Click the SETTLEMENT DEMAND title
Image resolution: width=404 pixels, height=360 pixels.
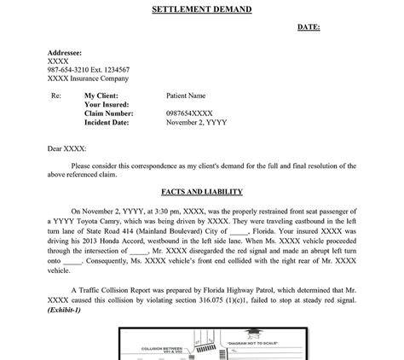(x=201, y=9)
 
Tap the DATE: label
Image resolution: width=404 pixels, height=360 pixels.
(x=309, y=27)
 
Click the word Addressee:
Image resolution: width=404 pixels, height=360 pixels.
(x=65, y=53)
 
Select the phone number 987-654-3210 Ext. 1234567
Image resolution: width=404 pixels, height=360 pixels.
(x=89, y=69)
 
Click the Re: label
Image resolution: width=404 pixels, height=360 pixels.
(x=57, y=96)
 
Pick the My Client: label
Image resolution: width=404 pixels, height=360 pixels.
(x=101, y=96)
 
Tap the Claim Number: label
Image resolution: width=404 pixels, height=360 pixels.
(x=108, y=113)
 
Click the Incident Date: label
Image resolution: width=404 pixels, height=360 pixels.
(x=107, y=122)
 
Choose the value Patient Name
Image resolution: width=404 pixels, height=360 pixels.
(x=186, y=96)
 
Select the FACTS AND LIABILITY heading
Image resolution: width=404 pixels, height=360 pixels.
(x=202, y=192)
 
